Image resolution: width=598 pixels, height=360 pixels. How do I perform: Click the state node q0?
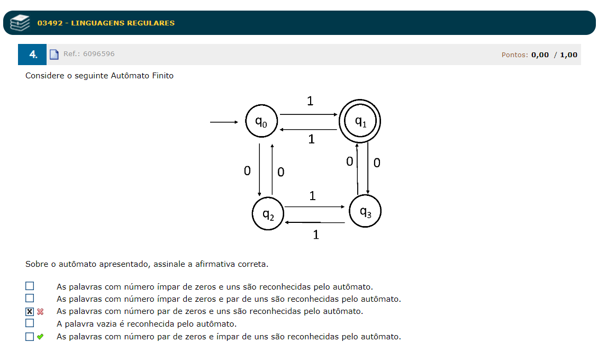coord(261,121)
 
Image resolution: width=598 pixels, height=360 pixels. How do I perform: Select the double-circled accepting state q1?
coord(360,121)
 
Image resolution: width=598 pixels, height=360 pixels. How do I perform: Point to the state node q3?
coord(365,211)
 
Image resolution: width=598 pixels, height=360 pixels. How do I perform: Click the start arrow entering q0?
coord(224,122)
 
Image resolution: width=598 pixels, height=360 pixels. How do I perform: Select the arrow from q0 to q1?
coord(309,114)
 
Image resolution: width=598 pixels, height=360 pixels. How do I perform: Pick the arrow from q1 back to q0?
coord(309,129)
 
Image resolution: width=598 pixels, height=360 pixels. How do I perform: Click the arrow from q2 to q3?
coord(314,207)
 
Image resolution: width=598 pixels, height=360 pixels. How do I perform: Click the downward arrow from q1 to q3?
coord(368,169)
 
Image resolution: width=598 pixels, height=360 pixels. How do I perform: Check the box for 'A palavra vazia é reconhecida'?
coord(30,323)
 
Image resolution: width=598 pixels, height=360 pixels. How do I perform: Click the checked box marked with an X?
coord(30,311)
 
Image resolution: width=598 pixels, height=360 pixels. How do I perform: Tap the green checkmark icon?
coord(40,336)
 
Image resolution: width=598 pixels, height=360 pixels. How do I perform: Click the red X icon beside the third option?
coord(40,311)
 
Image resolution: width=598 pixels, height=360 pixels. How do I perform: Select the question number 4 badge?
coord(33,55)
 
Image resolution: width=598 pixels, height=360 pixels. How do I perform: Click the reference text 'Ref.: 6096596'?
coord(89,54)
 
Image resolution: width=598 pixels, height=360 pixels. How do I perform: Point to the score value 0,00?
coord(540,55)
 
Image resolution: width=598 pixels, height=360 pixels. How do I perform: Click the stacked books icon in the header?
coord(20,23)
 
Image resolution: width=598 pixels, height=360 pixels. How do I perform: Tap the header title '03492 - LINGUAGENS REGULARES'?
coord(106,23)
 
